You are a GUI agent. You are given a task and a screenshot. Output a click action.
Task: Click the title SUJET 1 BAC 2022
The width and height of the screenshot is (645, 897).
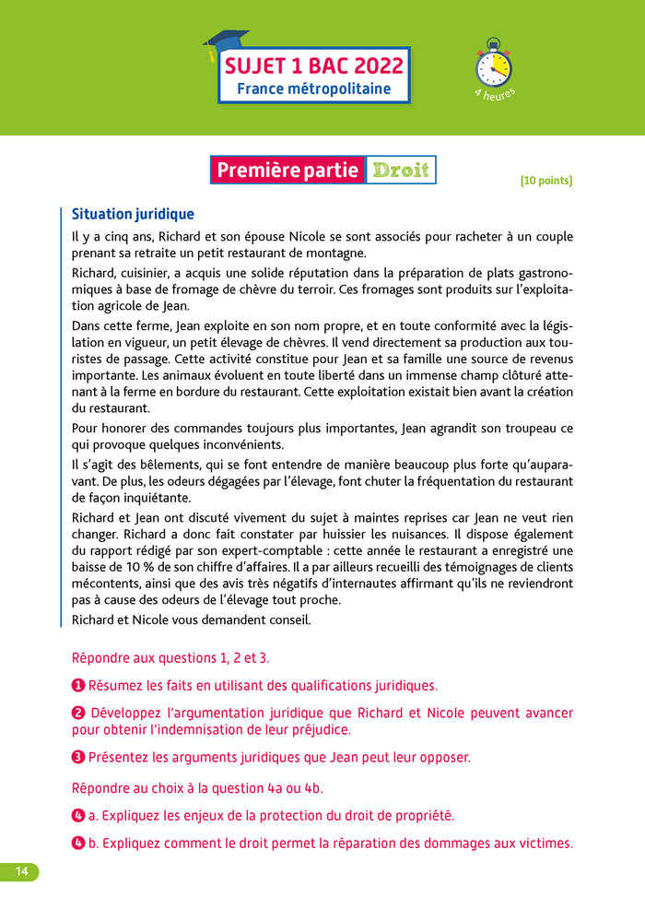tap(313, 65)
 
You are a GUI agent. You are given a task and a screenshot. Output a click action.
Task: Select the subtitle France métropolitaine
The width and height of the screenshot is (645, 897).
tap(313, 89)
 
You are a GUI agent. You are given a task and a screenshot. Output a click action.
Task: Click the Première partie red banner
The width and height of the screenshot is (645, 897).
tap(287, 171)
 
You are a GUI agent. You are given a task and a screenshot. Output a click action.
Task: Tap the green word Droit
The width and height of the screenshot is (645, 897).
tap(400, 171)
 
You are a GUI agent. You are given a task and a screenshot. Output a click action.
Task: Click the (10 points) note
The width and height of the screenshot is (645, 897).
tap(546, 181)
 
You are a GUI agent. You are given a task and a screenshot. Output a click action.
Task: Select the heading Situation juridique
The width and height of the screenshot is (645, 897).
tap(133, 214)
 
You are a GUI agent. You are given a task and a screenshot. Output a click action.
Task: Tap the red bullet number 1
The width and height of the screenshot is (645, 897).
tap(78, 685)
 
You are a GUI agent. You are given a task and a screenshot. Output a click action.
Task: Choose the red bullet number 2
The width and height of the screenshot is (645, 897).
tap(78, 713)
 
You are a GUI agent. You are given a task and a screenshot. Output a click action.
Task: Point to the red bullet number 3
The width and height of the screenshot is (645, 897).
tap(78, 757)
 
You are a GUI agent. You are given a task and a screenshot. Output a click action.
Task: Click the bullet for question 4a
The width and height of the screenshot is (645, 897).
tap(78, 816)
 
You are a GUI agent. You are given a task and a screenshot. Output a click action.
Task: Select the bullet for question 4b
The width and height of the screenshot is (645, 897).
tap(78, 843)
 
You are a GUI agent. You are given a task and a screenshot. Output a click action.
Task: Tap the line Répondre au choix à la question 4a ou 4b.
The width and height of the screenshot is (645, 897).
tap(196, 788)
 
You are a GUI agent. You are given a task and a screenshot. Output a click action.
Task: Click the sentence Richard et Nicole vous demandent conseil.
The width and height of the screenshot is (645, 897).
tap(191, 620)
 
